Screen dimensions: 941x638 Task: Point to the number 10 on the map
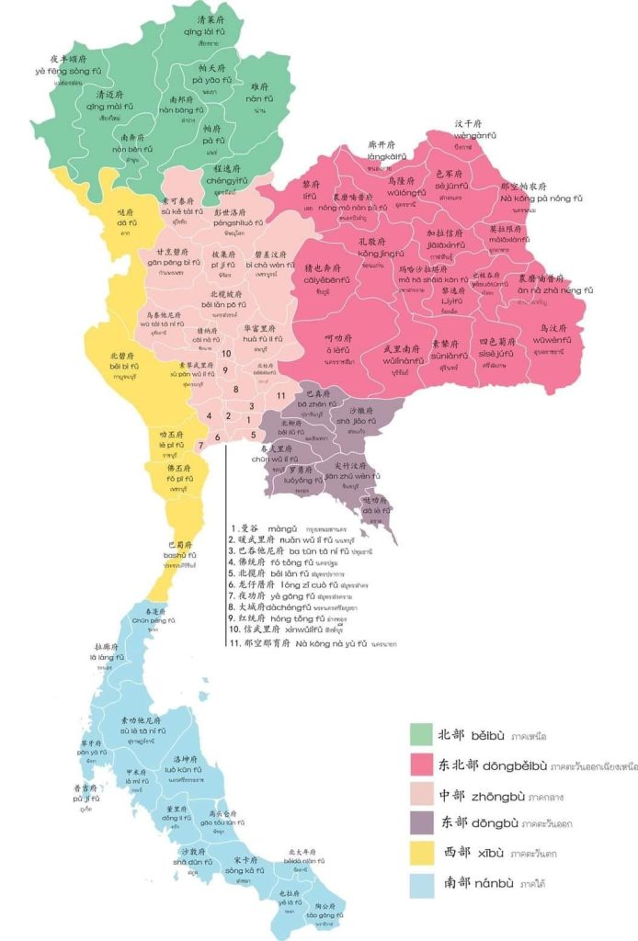coord(225,353)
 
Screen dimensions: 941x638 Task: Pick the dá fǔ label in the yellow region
coord(127,222)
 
